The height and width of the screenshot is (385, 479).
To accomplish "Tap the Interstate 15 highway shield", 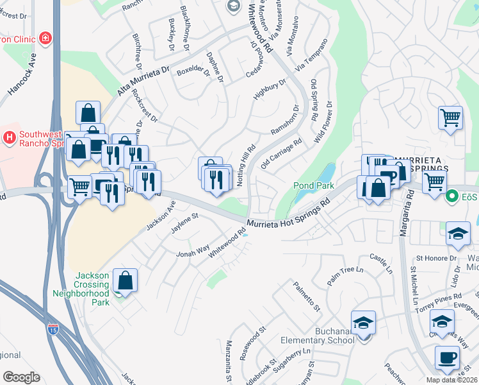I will coord(54,330).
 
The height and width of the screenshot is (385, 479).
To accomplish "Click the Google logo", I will coord(21,377).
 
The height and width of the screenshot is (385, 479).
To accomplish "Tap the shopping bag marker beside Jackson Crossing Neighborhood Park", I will coord(125,280).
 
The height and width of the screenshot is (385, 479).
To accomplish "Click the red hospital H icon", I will coord(9,137).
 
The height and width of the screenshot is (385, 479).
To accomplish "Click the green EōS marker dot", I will coord(452,196).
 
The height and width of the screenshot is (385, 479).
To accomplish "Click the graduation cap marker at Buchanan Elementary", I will coord(363,323).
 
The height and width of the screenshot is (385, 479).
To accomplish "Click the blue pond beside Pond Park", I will coord(326,174).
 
